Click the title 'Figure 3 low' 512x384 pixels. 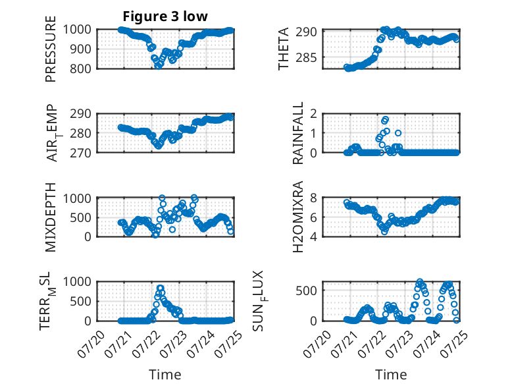click(x=165, y=16)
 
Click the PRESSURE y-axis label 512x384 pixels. click(x=51, y=49)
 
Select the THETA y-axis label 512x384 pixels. click(x=284, y=49)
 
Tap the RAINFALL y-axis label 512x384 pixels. click(x=298, y=132)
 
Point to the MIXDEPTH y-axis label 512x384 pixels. click(x=51, y=217)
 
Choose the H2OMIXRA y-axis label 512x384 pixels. click(x=298, y=217)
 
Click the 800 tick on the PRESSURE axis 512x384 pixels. click(x=81, y=69)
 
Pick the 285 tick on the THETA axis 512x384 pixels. click(x=306, y=57)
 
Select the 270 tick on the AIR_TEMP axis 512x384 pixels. click(x=81, y=153)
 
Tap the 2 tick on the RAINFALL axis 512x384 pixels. click(x=313, y=114)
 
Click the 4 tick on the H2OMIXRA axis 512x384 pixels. click(x=313, y=236)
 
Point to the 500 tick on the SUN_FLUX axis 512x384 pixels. click(x=306, y=290)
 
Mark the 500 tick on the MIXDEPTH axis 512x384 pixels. click(x=81, y=217)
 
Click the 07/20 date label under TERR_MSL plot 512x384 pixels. click(x=91, y=344)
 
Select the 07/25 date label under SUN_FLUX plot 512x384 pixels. click(x=455, y=344)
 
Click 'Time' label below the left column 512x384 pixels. click(x=165, y=374)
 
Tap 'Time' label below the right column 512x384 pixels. click(x=391, y=374)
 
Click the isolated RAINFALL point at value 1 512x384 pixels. click(x=398, y=133)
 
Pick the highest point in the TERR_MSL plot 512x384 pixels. click(x=160, y=288)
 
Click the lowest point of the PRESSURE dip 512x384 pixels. click(x=159, y=67)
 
